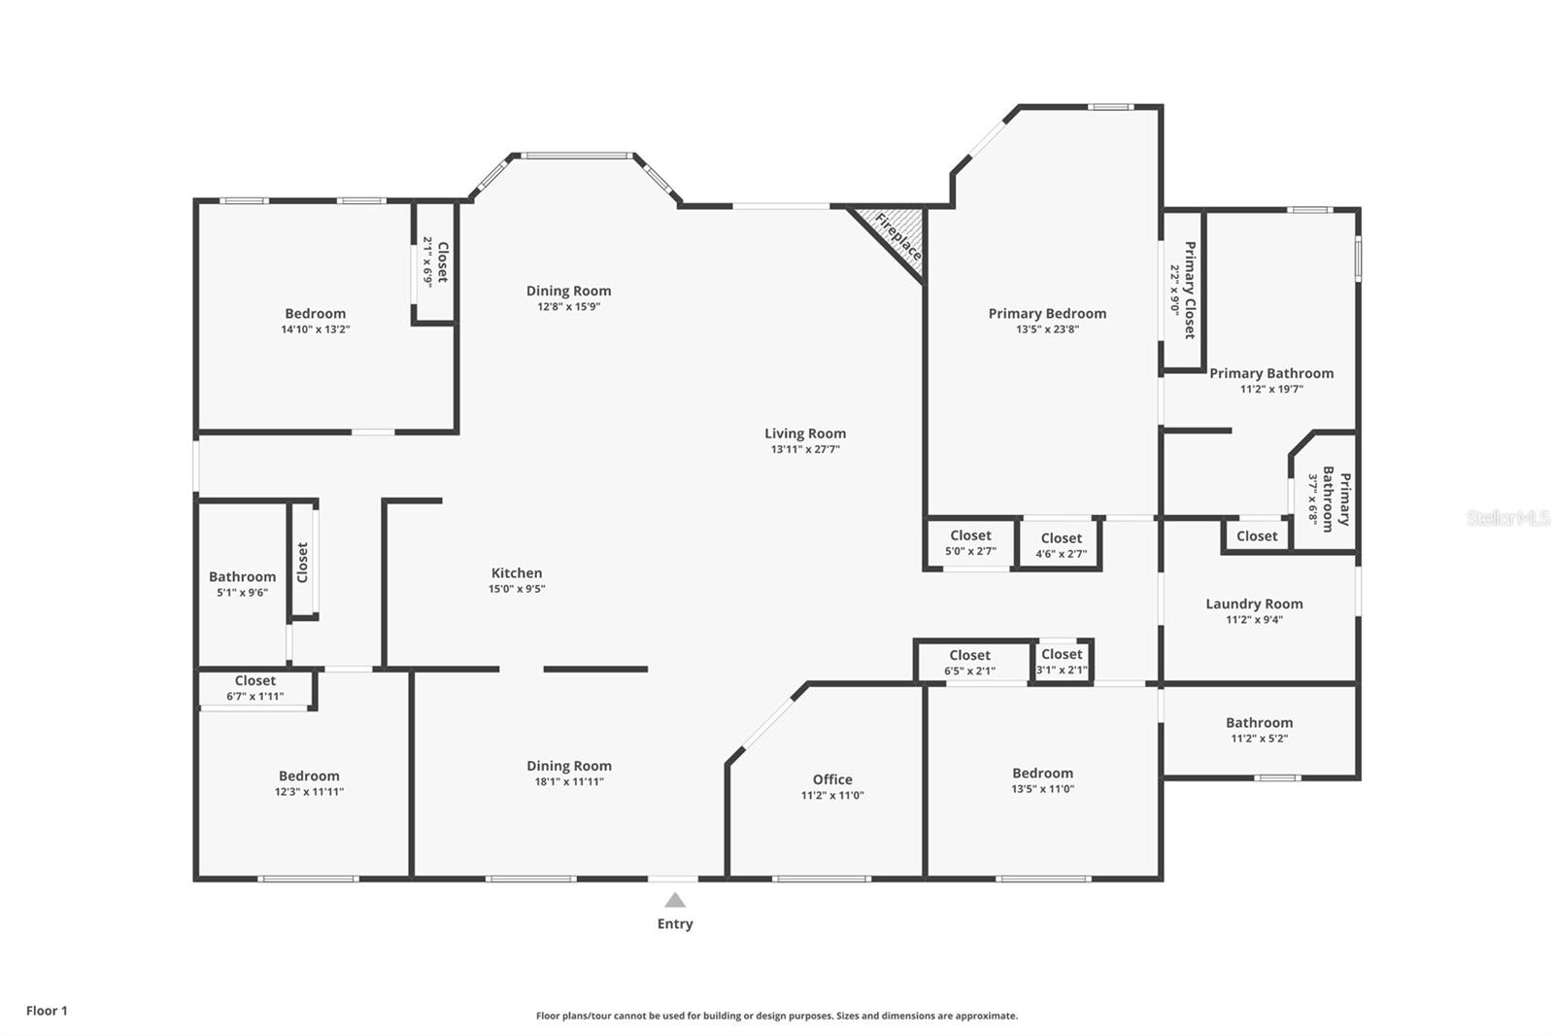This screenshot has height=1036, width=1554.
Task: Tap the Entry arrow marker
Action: (675, 901)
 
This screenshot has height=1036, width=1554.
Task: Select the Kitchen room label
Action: (517, 573)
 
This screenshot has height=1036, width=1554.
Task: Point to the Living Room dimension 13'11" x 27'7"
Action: (805, 450)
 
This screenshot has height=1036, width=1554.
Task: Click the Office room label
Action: (832, 779)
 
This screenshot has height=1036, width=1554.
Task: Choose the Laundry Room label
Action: (1254, 604)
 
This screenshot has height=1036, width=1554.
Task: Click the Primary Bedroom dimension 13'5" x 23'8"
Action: (1047, 329)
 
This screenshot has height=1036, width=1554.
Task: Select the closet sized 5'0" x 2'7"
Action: (970, 543)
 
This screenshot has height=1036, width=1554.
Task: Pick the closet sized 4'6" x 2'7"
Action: (1061, 545)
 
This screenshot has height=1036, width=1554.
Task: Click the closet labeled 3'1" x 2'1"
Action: (1062, 662)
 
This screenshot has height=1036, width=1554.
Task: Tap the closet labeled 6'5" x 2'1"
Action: (969, 663)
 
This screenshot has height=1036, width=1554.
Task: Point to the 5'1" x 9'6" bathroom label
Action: (242, 584)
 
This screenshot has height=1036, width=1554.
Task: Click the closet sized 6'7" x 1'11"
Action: (254, 688)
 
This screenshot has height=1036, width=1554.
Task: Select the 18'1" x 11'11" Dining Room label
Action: (568, 774)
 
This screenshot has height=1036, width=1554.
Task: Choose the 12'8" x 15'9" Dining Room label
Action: (568, 298)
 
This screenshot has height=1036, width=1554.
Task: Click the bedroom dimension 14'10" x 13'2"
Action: (315, 329)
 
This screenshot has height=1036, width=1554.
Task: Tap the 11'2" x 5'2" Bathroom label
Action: (1259, 730)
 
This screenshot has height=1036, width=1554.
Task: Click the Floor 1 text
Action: (47, 1011)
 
